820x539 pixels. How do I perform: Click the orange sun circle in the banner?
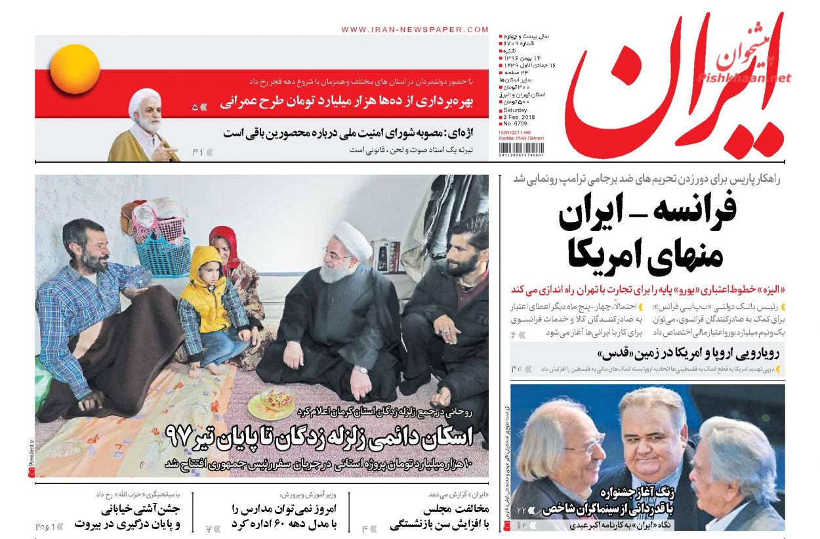click(x=75, y=69)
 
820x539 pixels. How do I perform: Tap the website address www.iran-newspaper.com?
click(x=415, y=30)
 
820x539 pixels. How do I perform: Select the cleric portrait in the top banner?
click(x=144, y=125)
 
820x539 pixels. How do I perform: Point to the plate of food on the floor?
click(x=271, y=402)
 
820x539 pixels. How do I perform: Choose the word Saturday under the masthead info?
click(x=516, y=110)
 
